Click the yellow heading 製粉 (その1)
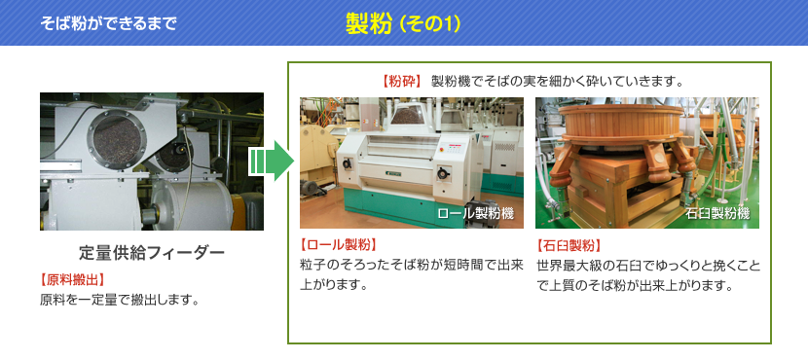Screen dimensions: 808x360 (x=403, y=23)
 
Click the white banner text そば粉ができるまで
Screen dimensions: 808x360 (x=108, y=23)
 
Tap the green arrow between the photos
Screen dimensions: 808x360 (x=271, y=161)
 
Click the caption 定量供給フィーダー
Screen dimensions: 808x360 (x=152, y=253)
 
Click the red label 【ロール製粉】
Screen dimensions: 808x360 (x=339, y=244)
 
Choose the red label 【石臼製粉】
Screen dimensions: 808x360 (x=569, y=244)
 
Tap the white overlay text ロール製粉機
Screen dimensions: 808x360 (x=475, y=214)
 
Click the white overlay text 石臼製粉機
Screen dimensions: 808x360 (x=716, y=214)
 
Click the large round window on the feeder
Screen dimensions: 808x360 (x=117, y=141)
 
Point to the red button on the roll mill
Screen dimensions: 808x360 (x=441, y=150)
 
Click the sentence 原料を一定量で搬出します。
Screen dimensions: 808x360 (x=120, y=300)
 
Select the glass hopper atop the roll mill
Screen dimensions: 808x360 (x=408, y=114)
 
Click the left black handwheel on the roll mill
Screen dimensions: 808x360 (x=347, y=163)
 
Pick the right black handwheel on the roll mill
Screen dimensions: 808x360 (x=442, y=173)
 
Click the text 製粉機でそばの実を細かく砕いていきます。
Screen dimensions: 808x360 (x=557, y=82)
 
